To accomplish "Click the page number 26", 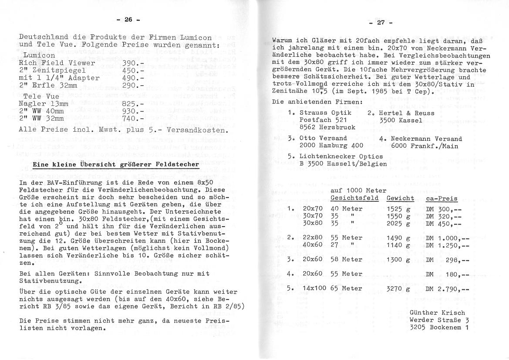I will click(128, 20).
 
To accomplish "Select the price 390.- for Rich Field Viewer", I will click(132, 63).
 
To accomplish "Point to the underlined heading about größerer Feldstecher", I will click(116, 164).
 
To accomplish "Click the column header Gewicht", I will click(400, 198).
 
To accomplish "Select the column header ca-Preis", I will click(442, 198).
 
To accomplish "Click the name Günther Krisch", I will click(437, 312).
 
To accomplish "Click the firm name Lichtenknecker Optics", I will click(341, 156).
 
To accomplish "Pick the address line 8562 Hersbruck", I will click(327, 127).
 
